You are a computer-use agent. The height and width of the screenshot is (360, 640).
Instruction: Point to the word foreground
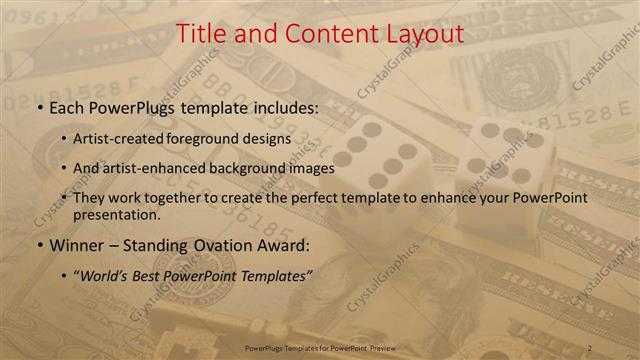[217, 139]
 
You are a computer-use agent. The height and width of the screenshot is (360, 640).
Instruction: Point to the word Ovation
[218, 245]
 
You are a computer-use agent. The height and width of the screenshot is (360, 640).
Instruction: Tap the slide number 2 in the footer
[590, 347]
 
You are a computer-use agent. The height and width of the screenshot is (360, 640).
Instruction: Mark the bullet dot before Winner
[40, 246]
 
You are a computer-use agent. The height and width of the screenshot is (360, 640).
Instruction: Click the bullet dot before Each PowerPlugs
[40, 108]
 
